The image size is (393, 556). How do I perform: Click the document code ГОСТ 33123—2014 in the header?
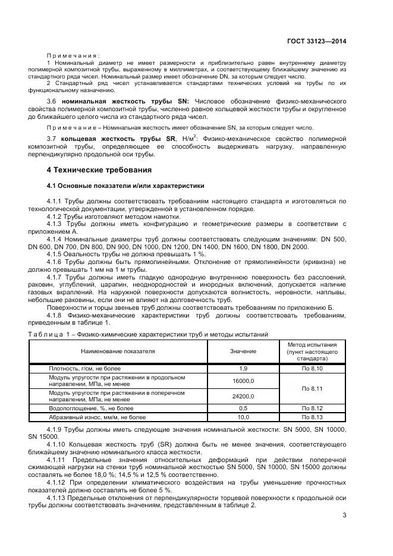(x=316, y=40)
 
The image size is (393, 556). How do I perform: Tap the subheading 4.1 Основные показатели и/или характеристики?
(x=125, y=186)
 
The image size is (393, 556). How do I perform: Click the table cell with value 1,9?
(x=243, y=369)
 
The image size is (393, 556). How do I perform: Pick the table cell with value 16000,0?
(x=243, y=381)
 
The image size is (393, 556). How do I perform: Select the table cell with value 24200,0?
(x=243, y=396)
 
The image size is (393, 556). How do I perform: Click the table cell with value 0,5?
(x=243, y=409)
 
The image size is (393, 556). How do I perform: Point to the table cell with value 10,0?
(x=243, y=417)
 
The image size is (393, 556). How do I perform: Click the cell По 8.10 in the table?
(x=312, y=369)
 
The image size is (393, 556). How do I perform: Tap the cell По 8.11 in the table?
(x=312, y=388)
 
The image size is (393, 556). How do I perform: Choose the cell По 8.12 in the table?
(x=312, y=409)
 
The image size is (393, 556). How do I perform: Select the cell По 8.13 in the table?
(x=312, y=417)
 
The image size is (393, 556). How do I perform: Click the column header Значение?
(x=243, y=351)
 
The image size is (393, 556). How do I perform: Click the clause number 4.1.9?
(x=55, y=429)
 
